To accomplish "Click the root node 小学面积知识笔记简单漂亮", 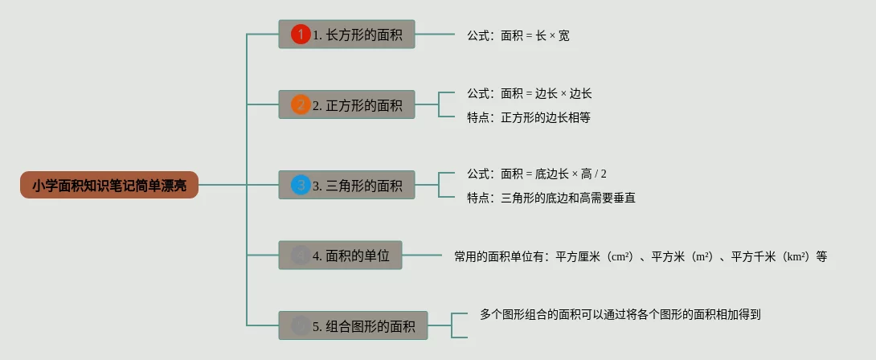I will pos(109,185).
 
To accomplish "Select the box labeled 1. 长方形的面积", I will pos(346,35).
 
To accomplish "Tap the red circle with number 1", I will pos(301,35).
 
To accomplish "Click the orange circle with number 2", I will pos(301,104).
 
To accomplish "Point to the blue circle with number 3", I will pos(301,185).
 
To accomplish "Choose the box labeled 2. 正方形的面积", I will pos(346,104).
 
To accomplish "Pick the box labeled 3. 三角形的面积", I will pos(346,185).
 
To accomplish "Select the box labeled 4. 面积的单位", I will pos(340,256).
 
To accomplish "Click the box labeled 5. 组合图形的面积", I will pos(353,325).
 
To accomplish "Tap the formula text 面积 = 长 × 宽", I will pos(534,35).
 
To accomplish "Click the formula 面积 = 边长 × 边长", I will pos(546,94).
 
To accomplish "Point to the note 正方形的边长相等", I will pos(546,117).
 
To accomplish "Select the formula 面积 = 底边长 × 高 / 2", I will pos(554,174).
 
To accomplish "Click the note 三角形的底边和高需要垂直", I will pos(568,198).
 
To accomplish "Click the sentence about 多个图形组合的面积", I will pos(620,314).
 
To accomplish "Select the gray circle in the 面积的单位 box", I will pos(301,256).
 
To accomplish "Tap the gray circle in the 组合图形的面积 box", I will pos(301,325).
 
